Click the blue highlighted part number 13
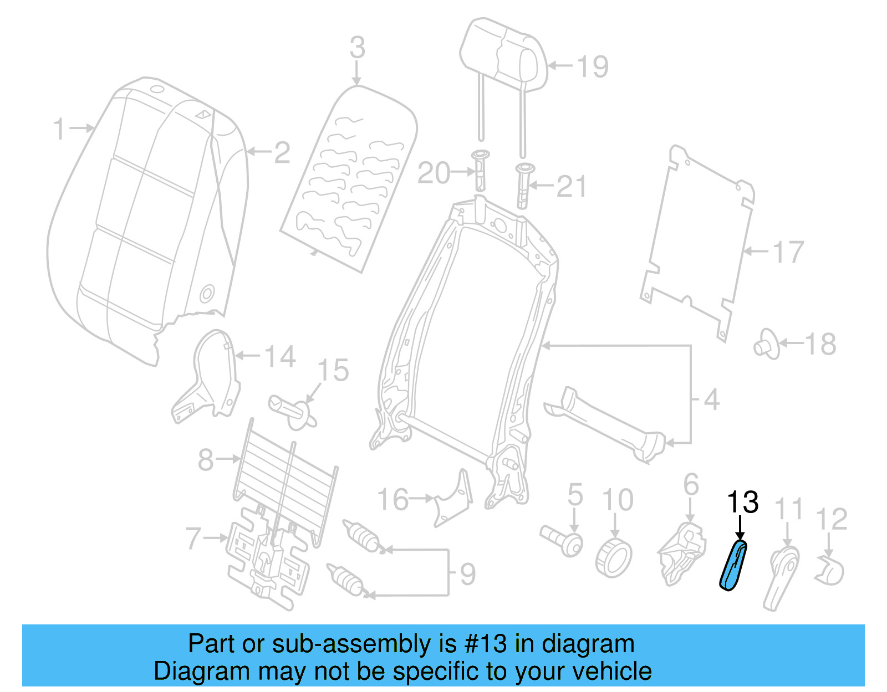pos(733,565)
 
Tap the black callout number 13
pos(742,502)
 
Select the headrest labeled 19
pos(503,55)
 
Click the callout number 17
pos(788,252)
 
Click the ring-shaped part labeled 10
pos(614,557)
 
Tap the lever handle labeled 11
pos(782,576)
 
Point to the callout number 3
pos(358,48)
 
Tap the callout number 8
pos(206,459)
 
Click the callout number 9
pos(467,574)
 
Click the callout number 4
pos(711,399)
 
